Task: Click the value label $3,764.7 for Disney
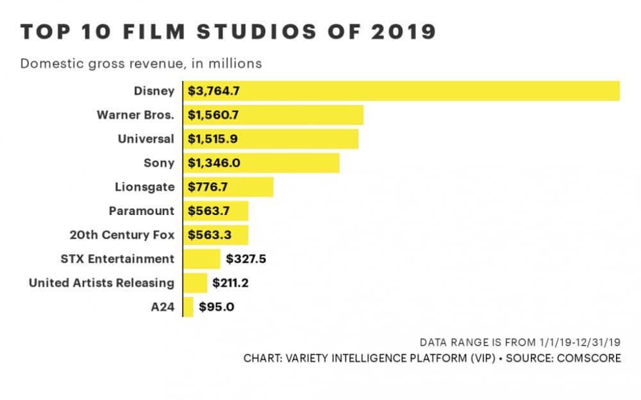coord(213,91)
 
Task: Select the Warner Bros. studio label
coord(135,115)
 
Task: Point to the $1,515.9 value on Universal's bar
coord(213,139)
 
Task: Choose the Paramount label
coord(141,211)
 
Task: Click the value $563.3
coord(209,235)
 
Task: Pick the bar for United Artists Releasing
coord(196,283)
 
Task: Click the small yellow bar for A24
coord(188,307)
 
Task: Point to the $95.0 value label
coord(216,307)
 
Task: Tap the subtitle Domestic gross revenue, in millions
coord(141,63)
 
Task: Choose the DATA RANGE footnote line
coord(520,342)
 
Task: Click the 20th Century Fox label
coord(122,235)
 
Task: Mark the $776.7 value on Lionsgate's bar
coord(209,187)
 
